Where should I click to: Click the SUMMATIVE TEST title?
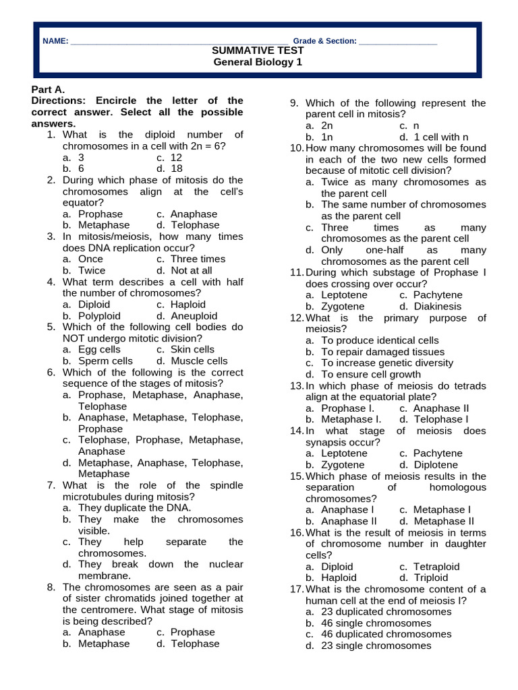coord(258,51)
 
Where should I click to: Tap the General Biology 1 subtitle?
coord(258,62)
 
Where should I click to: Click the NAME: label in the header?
coord(55,41)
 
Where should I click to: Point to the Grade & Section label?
coord(324,41)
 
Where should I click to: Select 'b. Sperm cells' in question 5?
coord(98,360)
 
